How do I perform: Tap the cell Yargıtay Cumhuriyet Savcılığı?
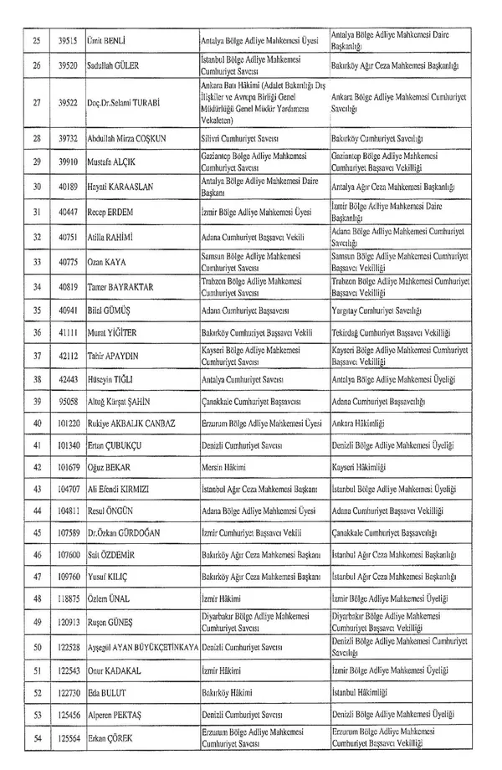pos(382,308)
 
